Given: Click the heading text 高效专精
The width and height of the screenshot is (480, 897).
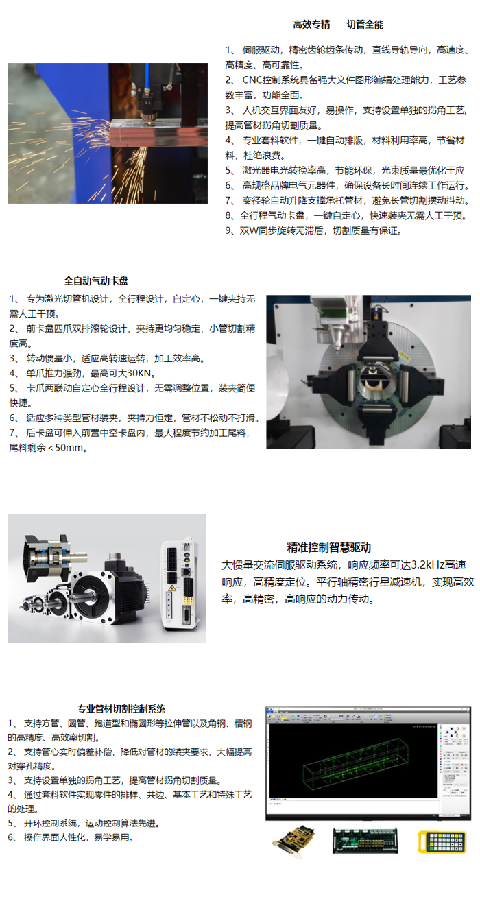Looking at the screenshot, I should click(x=312, y=25).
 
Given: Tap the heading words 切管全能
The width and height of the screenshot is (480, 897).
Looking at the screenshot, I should click(x=365, y=25).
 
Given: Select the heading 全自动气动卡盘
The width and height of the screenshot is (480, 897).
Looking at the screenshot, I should click(x=96, y=281).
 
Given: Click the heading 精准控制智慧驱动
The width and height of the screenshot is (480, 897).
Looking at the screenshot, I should click(x=328, y=547).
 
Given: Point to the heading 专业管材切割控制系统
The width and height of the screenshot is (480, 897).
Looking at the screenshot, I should click(x=121, y=709).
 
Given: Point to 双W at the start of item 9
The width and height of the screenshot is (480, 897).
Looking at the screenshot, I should click(x=247, y=230).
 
